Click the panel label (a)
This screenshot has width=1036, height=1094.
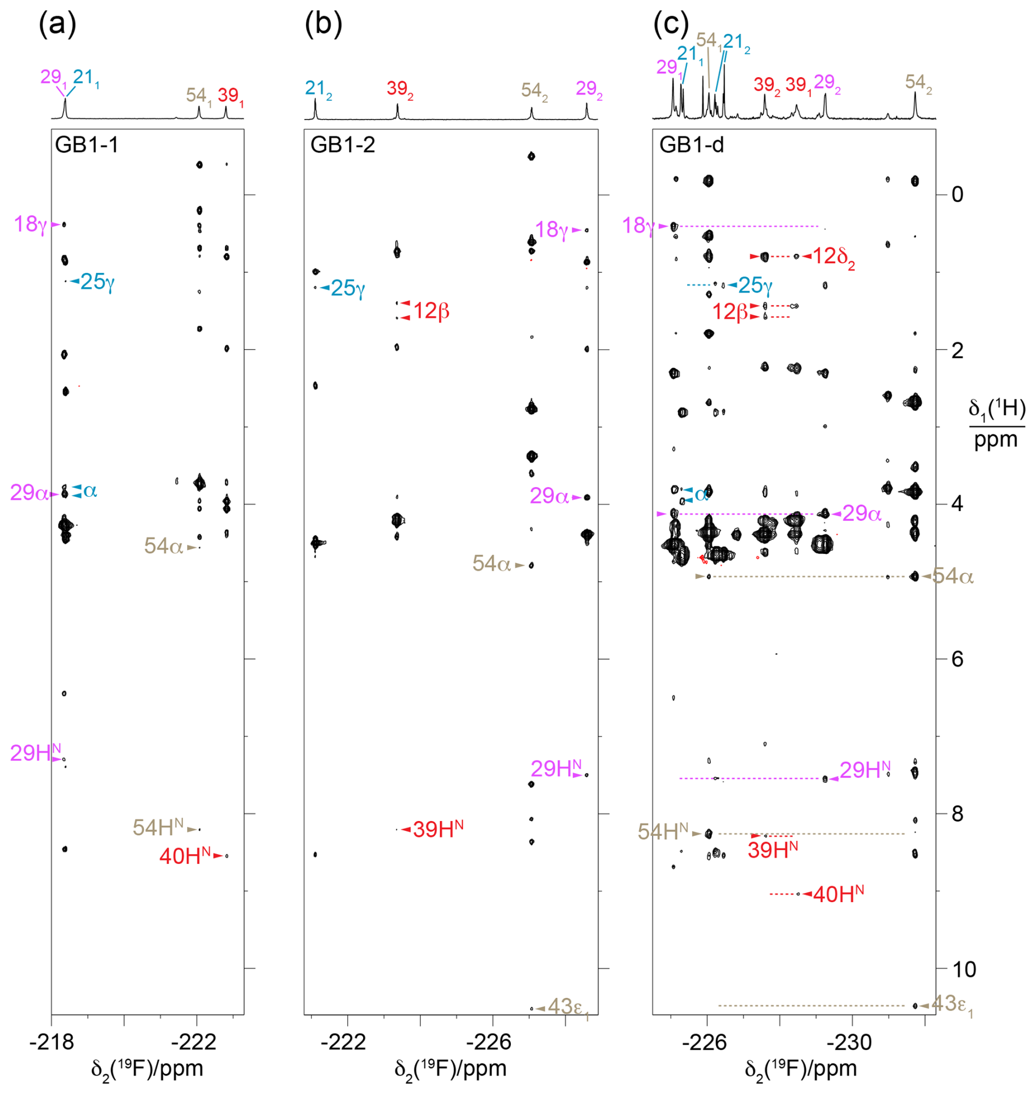(x=57, y=25)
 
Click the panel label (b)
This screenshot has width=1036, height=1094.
(x=323, y=25)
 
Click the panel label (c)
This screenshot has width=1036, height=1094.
(x=671, y=25)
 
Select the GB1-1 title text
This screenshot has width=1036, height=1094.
(x=87, y=145)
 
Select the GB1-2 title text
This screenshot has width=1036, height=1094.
(x=342, y=145)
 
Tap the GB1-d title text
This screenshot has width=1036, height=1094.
(x=692, y=145)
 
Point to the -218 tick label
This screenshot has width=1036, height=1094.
(x=52, y=1042)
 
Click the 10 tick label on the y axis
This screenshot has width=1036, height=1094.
(x=964, y=969)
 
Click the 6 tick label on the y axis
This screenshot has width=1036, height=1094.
(x=957, y=659)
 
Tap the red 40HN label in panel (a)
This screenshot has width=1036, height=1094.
(x=185, y=856)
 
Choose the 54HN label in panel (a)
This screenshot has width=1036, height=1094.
(x=158, y=828)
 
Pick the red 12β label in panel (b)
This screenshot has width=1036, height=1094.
(x=431, y=311)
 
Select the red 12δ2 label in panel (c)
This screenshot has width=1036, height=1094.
(x=833, y=257)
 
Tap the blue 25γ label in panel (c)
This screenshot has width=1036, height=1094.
(x=755, y=285)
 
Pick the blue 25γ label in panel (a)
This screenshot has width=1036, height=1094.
(x=97, y=282)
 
